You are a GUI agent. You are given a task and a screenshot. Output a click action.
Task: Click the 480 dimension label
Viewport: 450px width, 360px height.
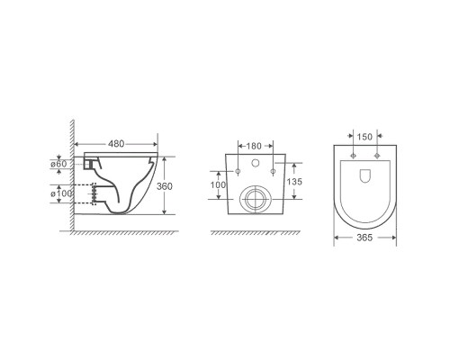pyautogui.click(x=116, y=144)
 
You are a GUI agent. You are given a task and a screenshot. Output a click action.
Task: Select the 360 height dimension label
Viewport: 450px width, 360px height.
pyautogui.click(x=165, y=186)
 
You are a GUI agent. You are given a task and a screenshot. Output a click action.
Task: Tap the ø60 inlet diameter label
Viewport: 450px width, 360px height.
pyautogui.click(x=58, y=164)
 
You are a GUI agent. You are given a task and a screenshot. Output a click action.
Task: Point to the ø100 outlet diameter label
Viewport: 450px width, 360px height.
pyautogui.click(x=61, y=193)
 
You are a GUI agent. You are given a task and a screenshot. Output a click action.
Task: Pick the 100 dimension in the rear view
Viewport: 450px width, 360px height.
pyautogui.click(x=218, y=184)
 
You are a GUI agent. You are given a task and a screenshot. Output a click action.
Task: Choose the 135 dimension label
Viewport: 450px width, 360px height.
pyautogui.click(x=294, y=182)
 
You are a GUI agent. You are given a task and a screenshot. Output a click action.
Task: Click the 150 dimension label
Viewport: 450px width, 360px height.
pyautogui.click(x=364, y=137)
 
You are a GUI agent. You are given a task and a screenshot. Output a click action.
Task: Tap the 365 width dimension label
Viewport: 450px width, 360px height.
pyautogui.click(x=364, y=238)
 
